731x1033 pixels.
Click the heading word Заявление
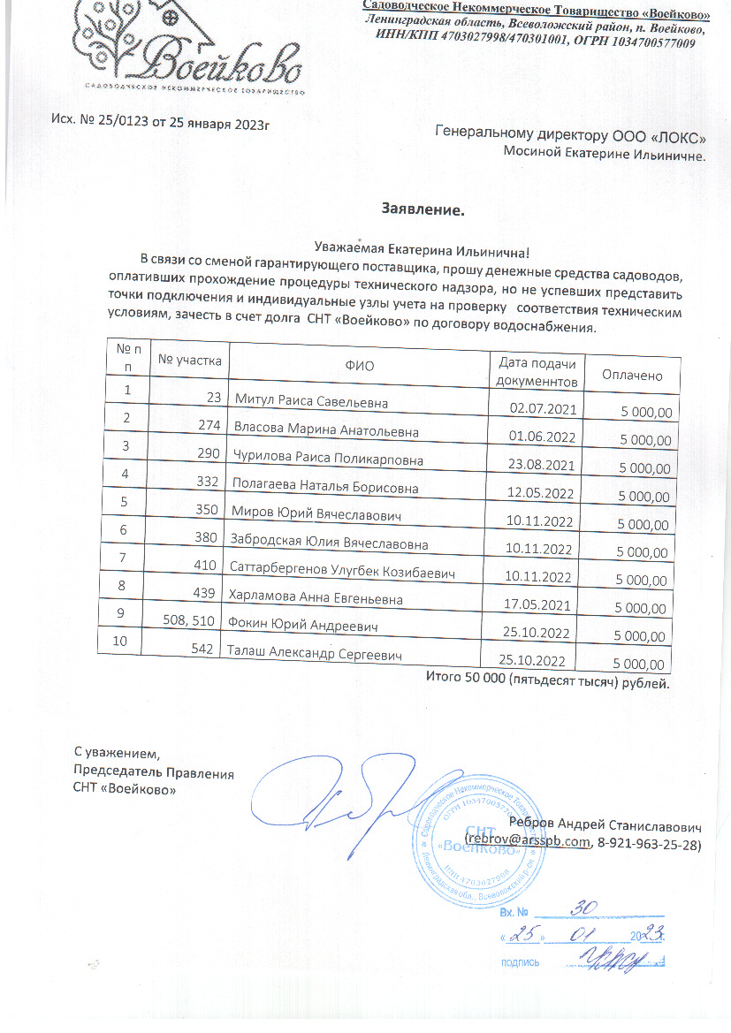click(x=423, y=210)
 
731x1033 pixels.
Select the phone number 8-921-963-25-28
click(x=650, y=845)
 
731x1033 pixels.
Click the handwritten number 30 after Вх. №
click(x=582, y=907)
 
